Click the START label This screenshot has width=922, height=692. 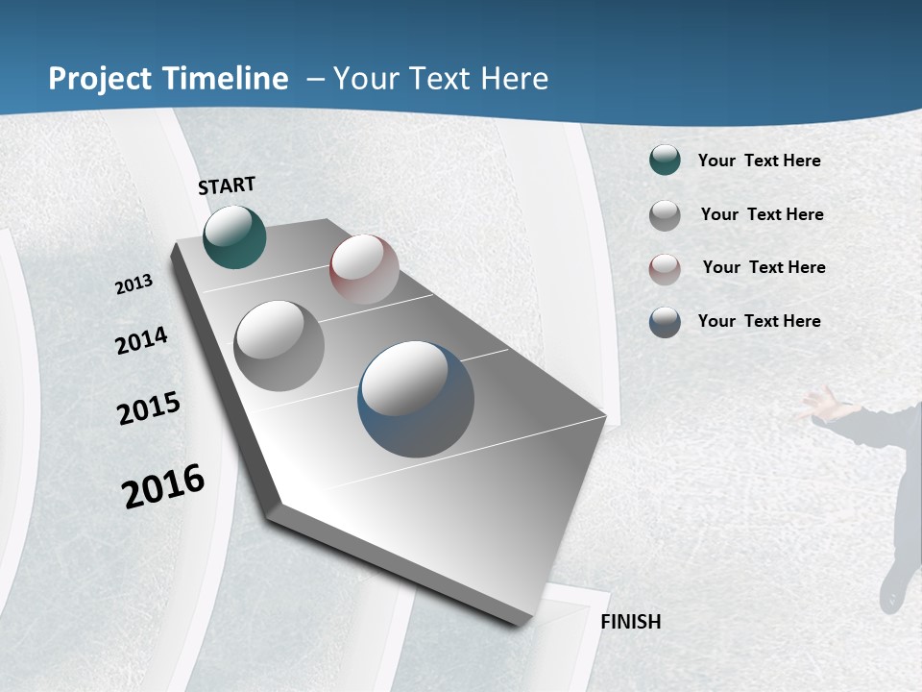(x=227, y=185)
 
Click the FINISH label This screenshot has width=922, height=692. (x=630, y=622)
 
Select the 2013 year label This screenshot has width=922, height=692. (x=133, y=284)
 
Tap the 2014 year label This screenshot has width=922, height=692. (x=141, y=340)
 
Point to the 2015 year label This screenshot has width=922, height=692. (x=149, y=408)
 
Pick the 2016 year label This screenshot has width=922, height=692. (x=163, y=486)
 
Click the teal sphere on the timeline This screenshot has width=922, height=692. (x=234, y=236)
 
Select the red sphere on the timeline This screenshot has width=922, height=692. (x=364, y=269)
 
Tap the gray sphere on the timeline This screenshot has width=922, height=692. (x=279, y=346)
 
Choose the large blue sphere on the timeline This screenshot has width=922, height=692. (x=416, y=399)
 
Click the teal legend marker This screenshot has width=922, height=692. (x=665, y=160)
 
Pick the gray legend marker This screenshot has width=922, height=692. (x=665, y=215)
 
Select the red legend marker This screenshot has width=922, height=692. (x=665, y=269)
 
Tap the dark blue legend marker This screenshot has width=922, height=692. (x=665, y=322)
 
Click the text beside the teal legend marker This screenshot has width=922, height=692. (x=759, y=161)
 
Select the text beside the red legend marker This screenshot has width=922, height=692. (x=764, y=267)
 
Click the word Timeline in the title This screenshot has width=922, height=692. (x=226, y=79)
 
